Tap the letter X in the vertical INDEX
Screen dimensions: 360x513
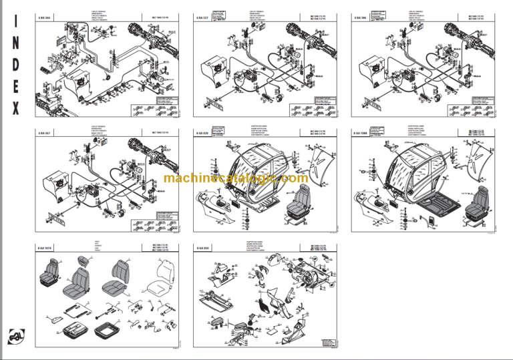point(17,108)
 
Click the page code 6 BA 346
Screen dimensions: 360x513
point(361,17)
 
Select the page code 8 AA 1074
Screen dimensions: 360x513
point(45,248)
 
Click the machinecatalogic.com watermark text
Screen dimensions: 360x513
point(235,178)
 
